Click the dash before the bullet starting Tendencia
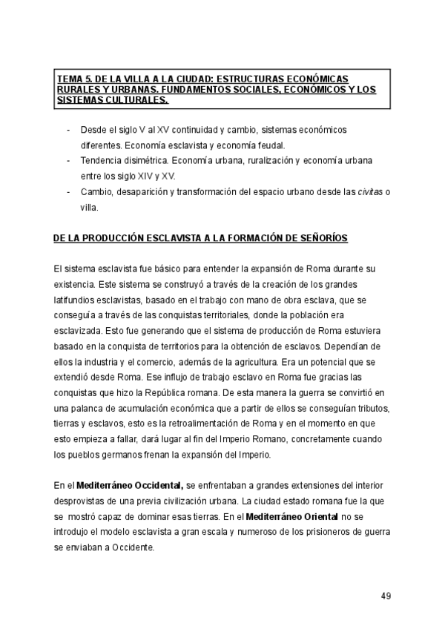point(69,161)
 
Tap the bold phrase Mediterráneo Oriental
point(291,516)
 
